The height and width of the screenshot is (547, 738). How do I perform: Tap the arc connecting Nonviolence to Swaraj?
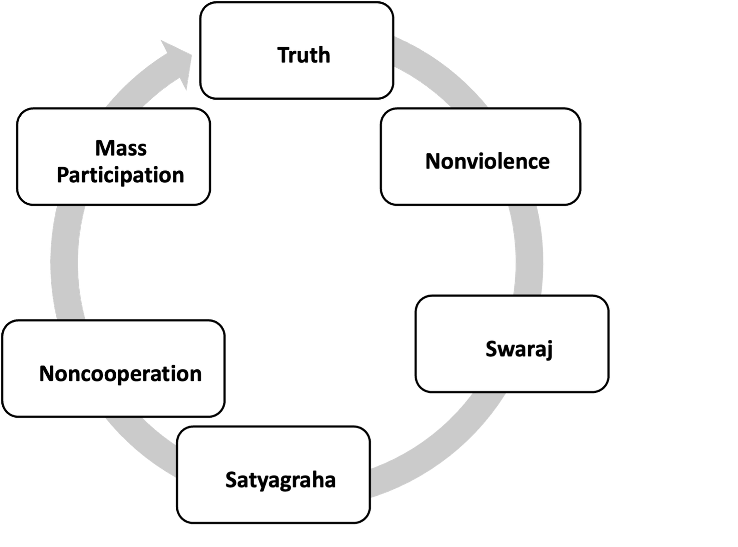(528, 249)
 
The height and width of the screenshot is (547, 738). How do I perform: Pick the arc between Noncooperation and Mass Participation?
(65, 263)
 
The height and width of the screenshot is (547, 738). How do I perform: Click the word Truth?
(304, 55)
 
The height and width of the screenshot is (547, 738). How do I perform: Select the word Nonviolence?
(487, 162)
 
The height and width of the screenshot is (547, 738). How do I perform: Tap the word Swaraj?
(519, 349)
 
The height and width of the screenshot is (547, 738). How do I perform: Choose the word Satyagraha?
(280, 480)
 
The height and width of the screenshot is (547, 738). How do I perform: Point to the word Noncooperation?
(120, 374)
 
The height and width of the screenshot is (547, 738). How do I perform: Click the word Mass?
(121, 149)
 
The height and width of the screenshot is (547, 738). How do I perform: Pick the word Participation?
(120, 175)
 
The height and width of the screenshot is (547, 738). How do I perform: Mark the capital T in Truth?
(283, 55)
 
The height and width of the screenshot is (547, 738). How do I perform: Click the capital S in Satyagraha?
(231, 480)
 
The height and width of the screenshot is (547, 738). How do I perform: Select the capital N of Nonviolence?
(432, 162)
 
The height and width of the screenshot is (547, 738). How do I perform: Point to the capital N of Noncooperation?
(46, 374)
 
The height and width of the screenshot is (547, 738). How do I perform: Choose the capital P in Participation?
(62, 175)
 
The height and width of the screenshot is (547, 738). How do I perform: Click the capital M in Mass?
(103, 149)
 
